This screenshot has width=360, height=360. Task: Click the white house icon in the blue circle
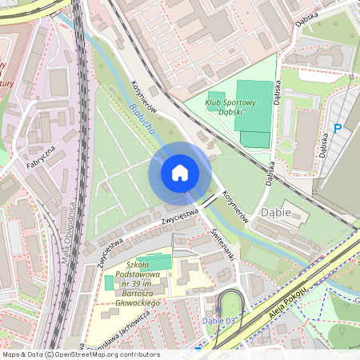pos(180,173)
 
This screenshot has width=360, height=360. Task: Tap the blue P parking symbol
pos(338,128)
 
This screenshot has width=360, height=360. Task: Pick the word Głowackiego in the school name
pos(138,303)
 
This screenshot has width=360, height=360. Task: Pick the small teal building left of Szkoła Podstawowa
pos(109,282)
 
